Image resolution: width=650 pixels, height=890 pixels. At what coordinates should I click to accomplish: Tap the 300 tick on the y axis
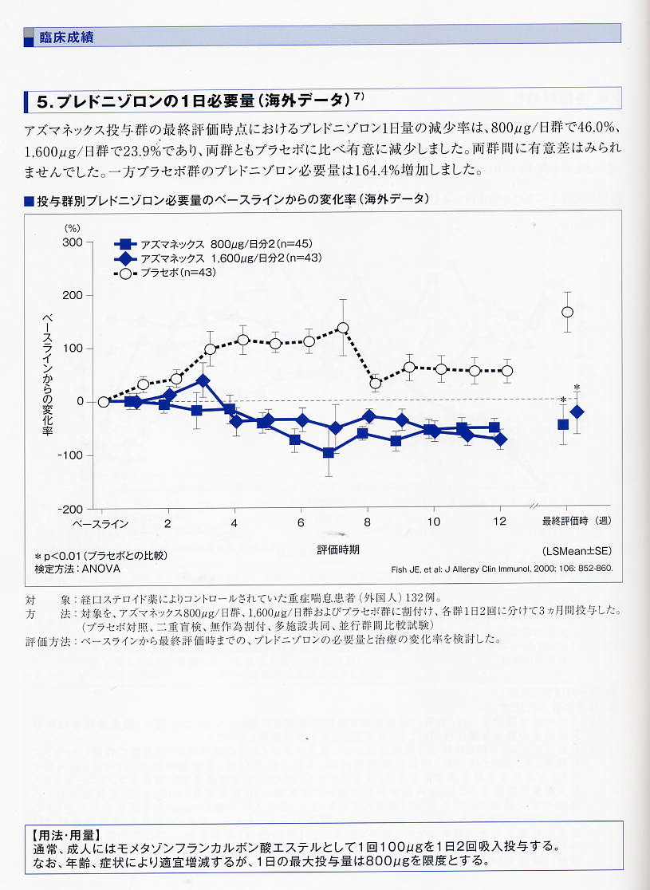coord(73,242)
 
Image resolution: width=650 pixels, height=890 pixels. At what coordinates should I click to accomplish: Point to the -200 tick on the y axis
coord(70,509)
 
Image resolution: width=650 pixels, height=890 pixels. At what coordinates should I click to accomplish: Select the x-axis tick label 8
coord(368,523)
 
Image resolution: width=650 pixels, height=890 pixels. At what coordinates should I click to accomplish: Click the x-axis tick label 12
coord(501,523)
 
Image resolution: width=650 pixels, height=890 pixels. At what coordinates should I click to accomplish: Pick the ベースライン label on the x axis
coord(100,524)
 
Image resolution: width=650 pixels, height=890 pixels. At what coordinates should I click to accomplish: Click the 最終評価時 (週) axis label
coord(577,523)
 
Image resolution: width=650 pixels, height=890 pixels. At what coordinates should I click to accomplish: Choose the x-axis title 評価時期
coord(338,550)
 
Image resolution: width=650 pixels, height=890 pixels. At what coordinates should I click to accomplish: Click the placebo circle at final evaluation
coord(567,312)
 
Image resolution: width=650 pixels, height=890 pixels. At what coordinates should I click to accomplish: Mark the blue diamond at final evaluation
coord(577,412)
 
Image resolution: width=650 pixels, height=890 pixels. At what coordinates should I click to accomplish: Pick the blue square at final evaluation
coord(563,424)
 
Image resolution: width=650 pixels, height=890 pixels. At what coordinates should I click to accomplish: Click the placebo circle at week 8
coord(376,384)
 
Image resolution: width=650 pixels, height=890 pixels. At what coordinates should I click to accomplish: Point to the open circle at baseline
coord(103,402)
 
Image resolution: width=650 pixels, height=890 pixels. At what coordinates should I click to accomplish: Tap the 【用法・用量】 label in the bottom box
coord(62,834)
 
